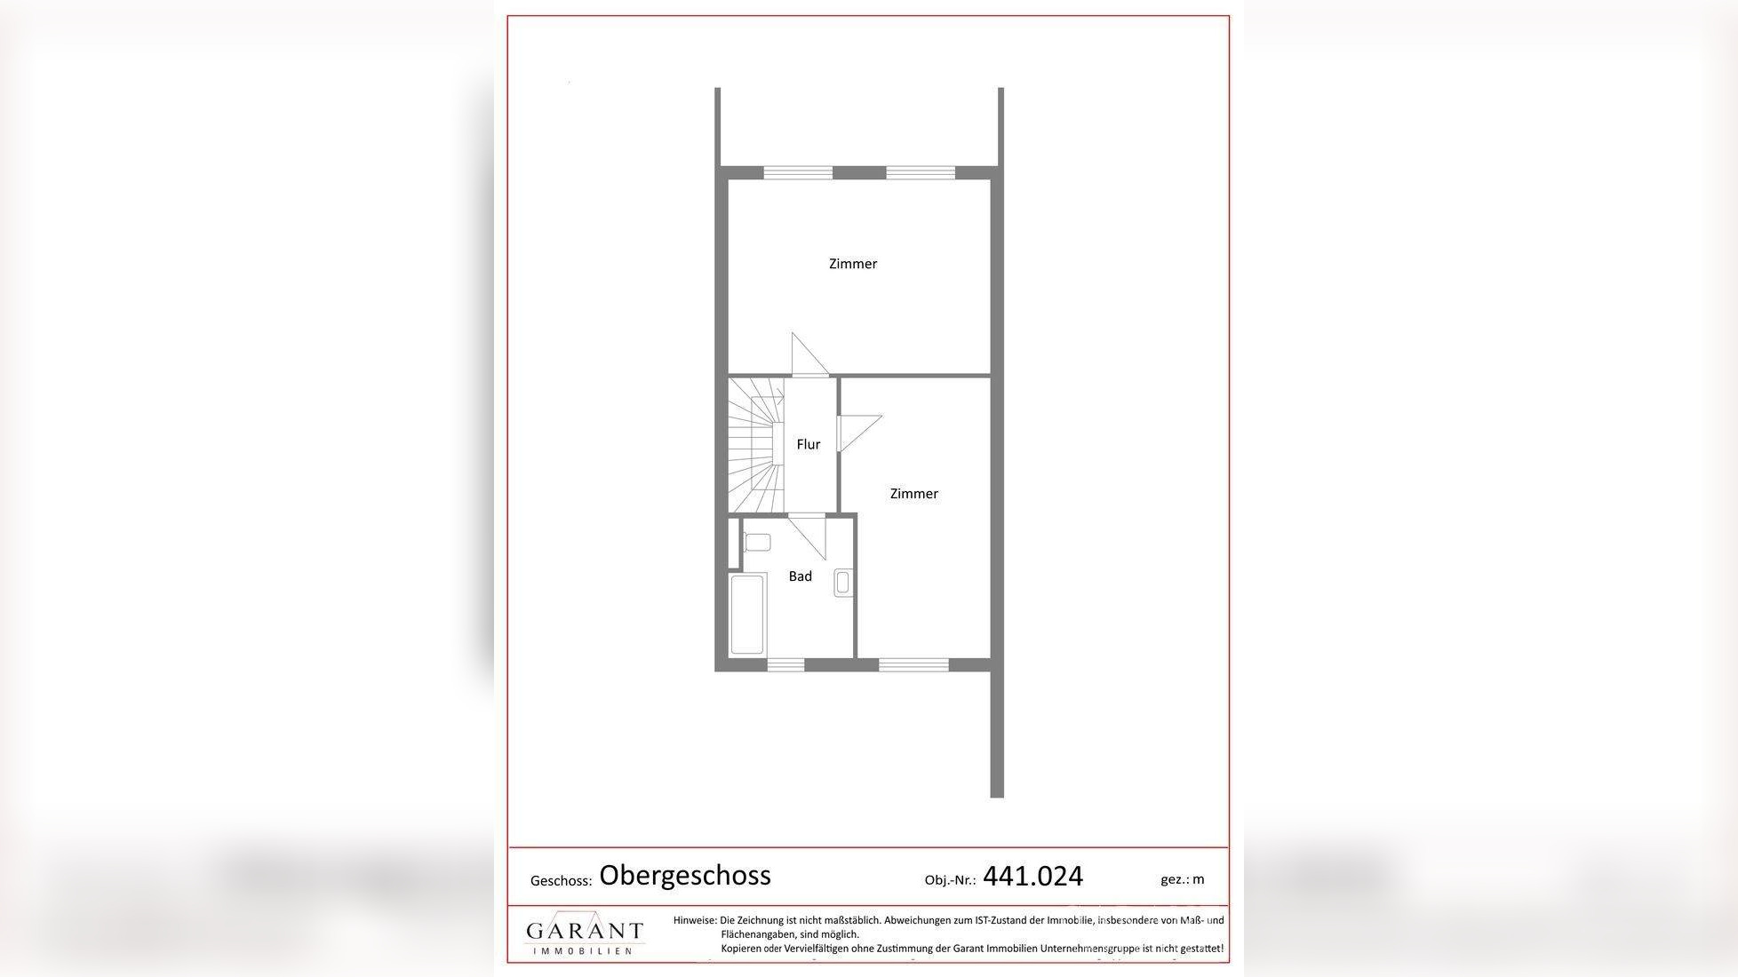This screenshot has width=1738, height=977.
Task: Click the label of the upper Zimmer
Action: [853, 264]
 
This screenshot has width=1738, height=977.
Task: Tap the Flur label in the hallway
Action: [809, 444]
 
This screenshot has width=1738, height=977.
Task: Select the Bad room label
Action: [801, 576]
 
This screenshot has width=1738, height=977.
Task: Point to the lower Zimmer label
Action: [914, 494]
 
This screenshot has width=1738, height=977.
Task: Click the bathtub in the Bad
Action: [747, 615]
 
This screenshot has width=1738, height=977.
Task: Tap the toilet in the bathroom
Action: [756, 542]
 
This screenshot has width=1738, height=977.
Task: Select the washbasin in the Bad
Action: [843, 583]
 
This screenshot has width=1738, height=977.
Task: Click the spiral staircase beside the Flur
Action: [755, 445]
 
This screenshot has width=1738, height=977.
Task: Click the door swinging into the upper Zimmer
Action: [809, 354]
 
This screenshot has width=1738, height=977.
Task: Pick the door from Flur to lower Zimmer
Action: [859, 432]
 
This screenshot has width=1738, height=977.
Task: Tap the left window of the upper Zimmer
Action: [798, 172]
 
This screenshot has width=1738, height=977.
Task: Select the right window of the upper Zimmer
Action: [921, 172]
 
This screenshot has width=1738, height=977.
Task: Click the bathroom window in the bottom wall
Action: [785, 664]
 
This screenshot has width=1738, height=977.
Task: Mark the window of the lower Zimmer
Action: [914, 664]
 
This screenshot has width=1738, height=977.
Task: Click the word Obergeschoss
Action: [685, 876]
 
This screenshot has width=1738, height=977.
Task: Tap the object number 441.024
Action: [1033, 877]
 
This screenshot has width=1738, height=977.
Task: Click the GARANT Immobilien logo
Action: [585, 934]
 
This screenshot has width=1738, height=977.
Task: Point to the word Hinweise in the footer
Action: [695, 920]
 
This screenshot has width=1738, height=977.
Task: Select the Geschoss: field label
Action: [561, 881]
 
